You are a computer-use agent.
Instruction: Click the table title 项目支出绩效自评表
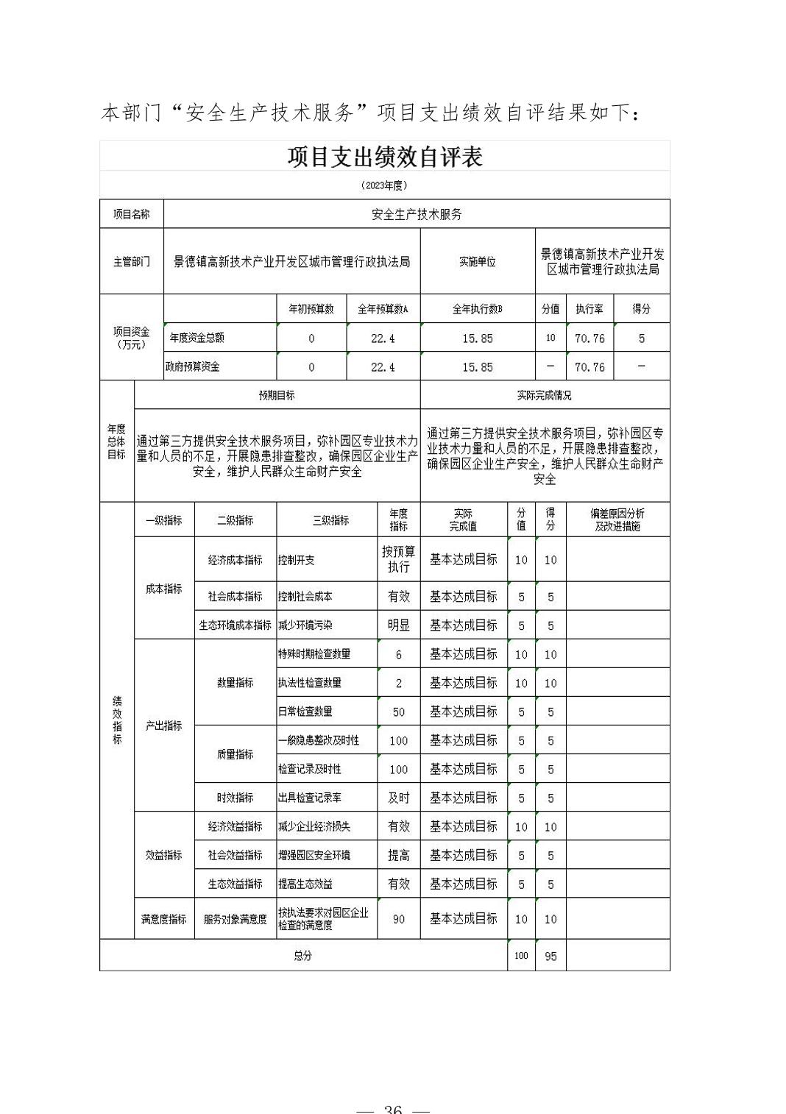click(384, 157)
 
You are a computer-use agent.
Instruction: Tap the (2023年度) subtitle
click(384, 185)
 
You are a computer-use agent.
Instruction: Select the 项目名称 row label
click(131, 214)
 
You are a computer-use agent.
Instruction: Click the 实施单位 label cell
click(477, 262)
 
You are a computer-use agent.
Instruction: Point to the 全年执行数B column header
click(477, 309)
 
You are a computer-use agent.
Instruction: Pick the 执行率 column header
click(589, 309)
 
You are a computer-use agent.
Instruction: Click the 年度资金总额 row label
click(197, 338)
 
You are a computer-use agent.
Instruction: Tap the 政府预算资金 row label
click(193, 366)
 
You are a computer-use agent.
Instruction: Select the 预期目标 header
click(277, 395)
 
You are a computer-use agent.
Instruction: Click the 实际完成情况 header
click(544, 395)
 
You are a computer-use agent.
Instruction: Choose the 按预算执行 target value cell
click(398, 559)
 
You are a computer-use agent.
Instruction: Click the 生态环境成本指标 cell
click(236, 625)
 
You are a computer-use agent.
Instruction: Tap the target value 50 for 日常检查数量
click(398, 712)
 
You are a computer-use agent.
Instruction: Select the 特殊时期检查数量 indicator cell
click(314, 654)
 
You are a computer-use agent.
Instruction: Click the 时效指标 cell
click(236, 798)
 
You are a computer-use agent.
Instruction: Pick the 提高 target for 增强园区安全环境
click(398, 855)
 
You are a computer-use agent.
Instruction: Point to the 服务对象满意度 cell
click(236, 919)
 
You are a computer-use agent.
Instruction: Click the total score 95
click(550, 957)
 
